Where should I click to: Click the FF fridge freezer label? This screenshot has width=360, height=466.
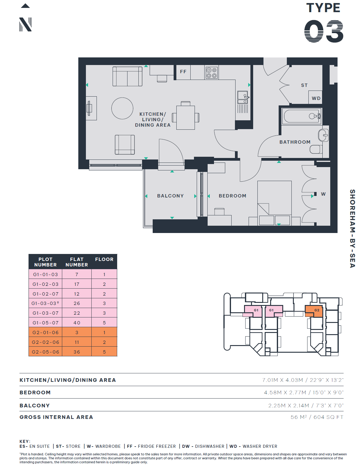pos(183,72)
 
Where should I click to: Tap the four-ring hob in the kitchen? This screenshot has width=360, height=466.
pos(212,73)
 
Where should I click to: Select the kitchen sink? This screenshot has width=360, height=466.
pos(243,98)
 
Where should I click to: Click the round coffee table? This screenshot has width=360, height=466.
pos(122,108)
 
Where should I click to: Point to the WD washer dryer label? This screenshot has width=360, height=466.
pos(316,98)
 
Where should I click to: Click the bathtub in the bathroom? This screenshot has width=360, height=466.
pos(302,116)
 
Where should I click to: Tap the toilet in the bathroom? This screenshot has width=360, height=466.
pos(316,149)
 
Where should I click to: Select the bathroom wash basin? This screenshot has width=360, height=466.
pos(323,135)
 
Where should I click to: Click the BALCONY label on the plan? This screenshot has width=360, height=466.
pos(170,196)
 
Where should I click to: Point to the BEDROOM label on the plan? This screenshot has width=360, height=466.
pos(233,196)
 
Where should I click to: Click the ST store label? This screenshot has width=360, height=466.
pos(304,85)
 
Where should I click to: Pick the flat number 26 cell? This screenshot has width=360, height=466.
pos(77,303)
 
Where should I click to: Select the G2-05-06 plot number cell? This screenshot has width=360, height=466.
pos(46,352)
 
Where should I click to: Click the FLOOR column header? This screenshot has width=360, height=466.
pos(104,259)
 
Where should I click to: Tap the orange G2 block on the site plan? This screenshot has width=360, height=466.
pos(314,311)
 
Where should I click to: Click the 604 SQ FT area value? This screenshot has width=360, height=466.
pos(328,417)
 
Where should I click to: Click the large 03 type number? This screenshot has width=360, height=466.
pos(324,31)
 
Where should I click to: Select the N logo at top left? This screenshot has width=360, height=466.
pos(25,24)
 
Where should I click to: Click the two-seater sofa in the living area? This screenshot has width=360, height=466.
pos(127,76)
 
